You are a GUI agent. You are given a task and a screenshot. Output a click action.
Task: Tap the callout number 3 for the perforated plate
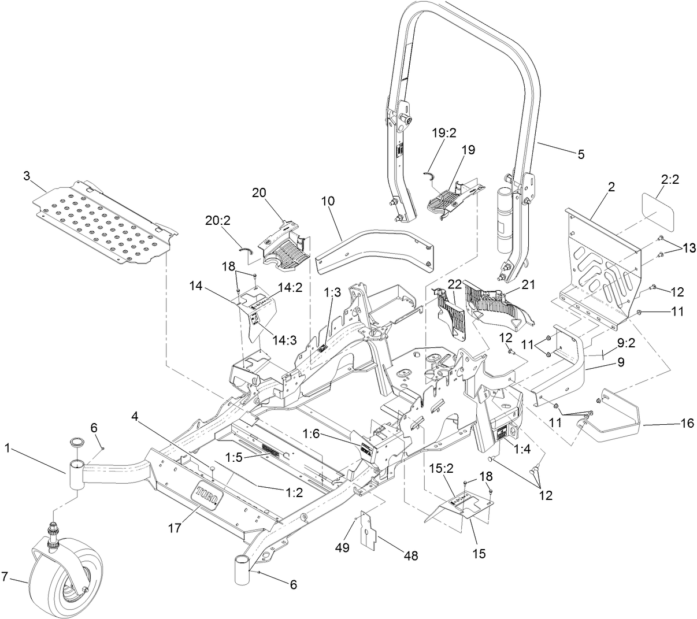tap(26, 176)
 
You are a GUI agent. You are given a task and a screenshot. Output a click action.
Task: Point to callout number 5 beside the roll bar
tap(581, 154)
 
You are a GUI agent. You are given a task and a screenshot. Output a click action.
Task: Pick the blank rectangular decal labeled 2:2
tap(658, 212)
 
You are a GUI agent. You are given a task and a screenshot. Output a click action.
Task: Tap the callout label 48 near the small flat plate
tap(410, 556)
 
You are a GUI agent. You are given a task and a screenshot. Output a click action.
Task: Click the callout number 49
tap(343, 547)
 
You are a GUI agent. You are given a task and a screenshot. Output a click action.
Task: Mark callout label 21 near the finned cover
tap(528, 284)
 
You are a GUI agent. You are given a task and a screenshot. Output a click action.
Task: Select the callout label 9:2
tap(626, 343)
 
